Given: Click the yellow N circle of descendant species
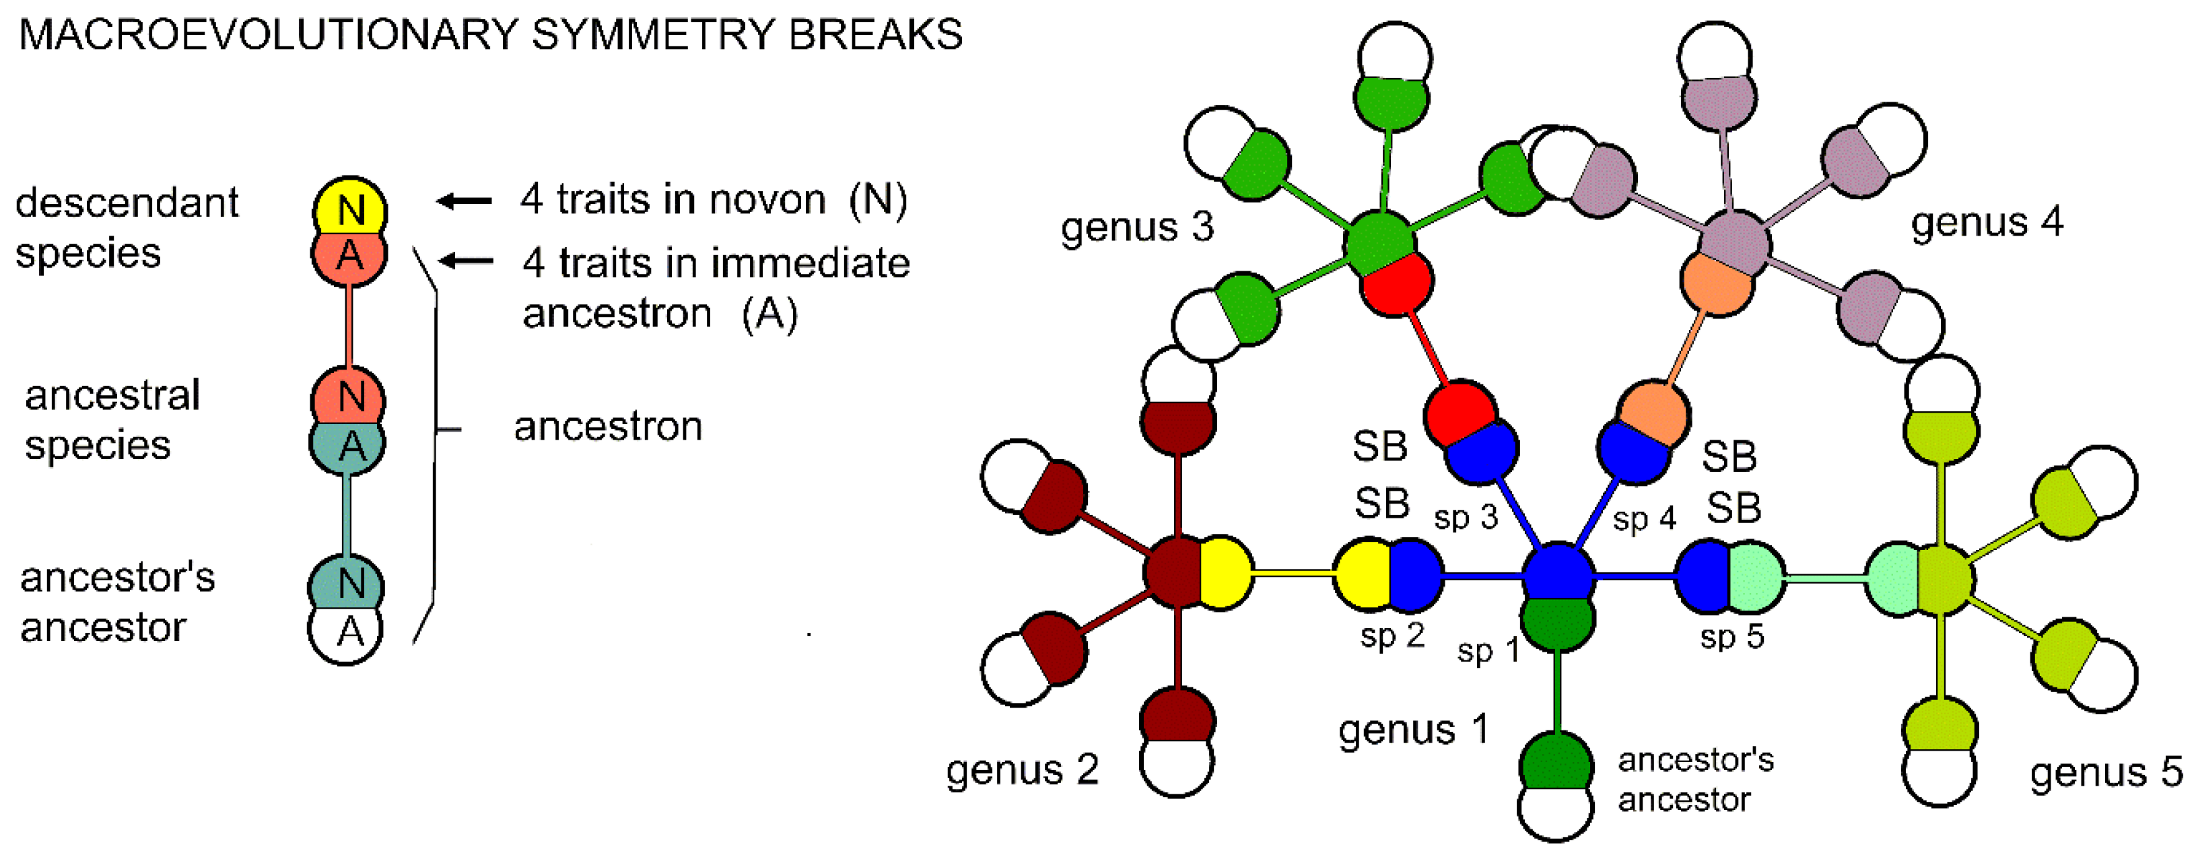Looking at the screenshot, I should pyautogui.click(x=349, y=207).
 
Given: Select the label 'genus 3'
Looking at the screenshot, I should pyautogui.click(x=1136, y=227).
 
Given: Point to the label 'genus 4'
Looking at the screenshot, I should pyautogui.click(x=1986, y=221).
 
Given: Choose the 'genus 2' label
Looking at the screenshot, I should pyautogui.click(x=1021, y=770).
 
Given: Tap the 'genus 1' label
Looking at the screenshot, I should pyautogui.click(x=1412, y=730).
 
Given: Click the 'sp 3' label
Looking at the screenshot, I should pyautogui.click(x=1466, y=518).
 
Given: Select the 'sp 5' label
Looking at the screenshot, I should pyautogui.click(x=1731, y=636).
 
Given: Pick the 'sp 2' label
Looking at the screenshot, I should pyautogui.click(x=1392, y=636).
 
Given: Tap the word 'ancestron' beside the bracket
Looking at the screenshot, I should pyautogui.click(x=608, y=426).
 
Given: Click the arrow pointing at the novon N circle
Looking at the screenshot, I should pyautogui.click(x=465, y=201).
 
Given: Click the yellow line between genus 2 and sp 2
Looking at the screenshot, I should pyautogui.click(x=1293, y=574).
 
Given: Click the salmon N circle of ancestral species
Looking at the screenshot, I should pyautogui.click(x=348, y=396).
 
